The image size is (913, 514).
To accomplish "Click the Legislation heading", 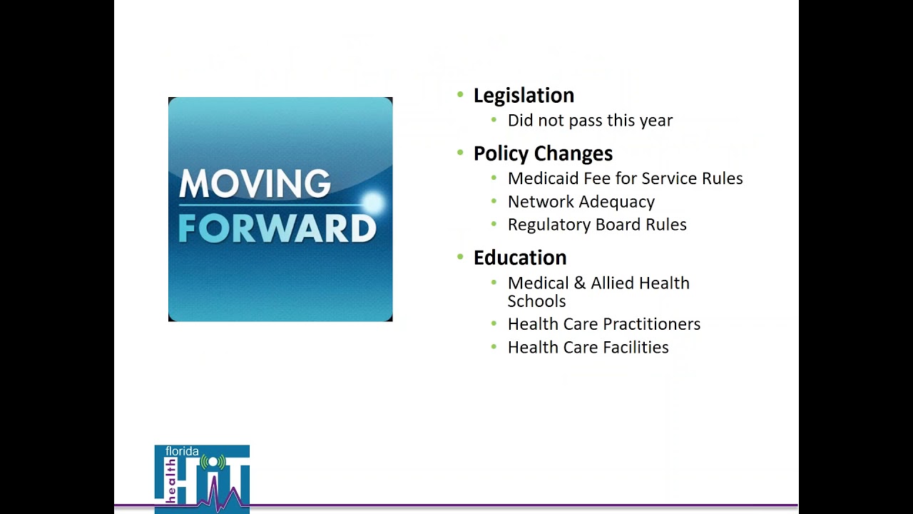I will point(524,96).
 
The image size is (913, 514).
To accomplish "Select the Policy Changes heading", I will point(543,153).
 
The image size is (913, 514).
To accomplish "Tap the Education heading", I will point(520,258).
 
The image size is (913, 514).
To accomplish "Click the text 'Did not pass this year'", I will point(590,121).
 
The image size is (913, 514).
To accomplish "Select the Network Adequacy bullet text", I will point(581,202).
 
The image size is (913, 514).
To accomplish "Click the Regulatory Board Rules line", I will point(597,225).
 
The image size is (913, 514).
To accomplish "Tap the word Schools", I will point(536,301).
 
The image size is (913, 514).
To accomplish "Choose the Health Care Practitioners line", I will point(603,324).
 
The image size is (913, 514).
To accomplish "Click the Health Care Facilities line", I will point(588,348).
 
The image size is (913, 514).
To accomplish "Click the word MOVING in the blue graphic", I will point(255,184).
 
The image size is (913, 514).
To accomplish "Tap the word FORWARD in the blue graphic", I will point(277,228).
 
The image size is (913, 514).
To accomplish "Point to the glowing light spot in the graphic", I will point(372,203).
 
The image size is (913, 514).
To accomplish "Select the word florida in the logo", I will point(182,452).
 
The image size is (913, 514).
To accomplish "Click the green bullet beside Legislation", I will point(460,95).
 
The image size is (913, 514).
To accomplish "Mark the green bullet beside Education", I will point(460,257).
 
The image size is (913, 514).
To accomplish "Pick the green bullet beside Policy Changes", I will point(460,153).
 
